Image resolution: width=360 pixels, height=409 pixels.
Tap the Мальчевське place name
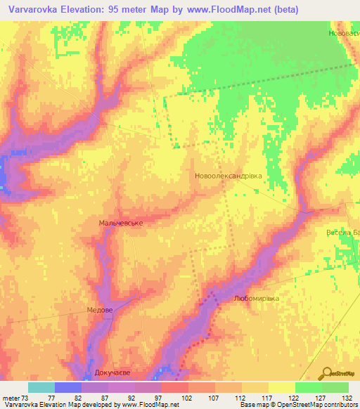pyautogui.click(x=121, y=223)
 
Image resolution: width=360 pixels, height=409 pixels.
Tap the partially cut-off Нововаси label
pyautogui.click(x=344, y=33)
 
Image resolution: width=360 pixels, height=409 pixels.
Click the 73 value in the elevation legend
pyautogui.click(x=25, y=397)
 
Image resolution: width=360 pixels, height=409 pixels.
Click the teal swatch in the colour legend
pyautogui.click(x=41, y=387)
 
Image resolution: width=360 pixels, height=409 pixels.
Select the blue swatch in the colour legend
pyautogui.click(x=68, y=387)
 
